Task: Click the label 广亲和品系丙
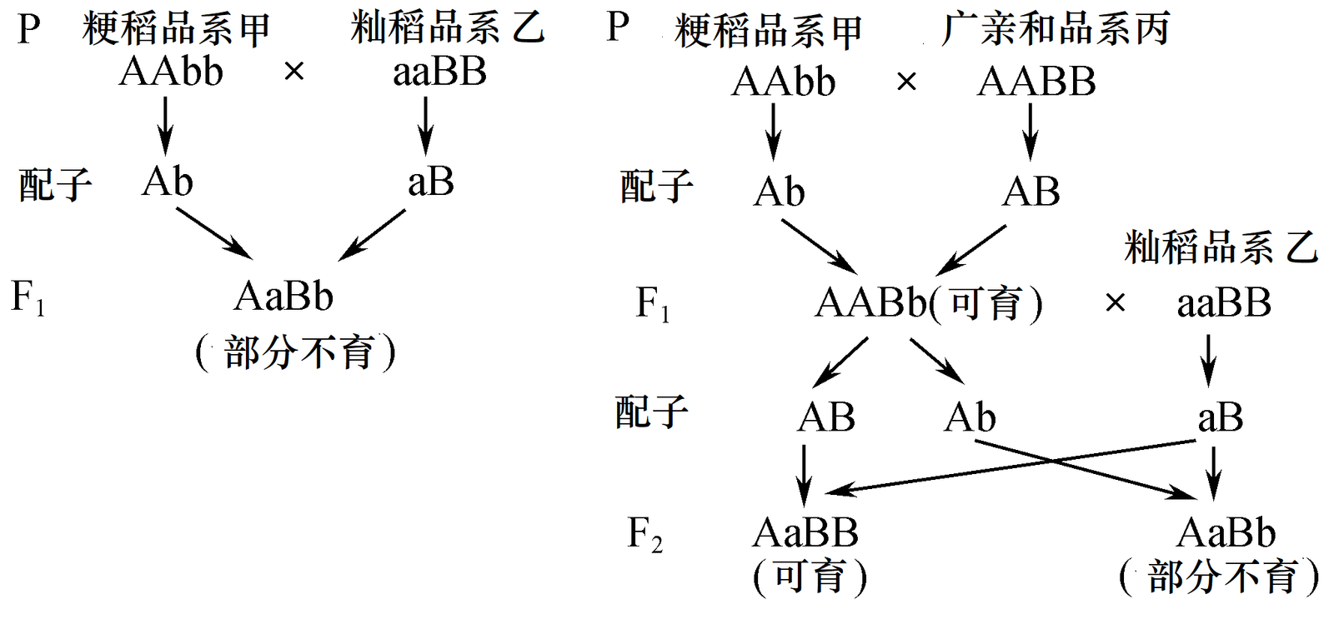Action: click(1055, 29)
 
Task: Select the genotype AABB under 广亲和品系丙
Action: click(1036, 82)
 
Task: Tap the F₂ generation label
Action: click(644, 534)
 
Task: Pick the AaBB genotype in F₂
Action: click(805, 533)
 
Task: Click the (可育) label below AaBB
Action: click(810, 577)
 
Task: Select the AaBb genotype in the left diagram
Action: click(283, 297)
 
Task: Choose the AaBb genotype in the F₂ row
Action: click(1226, 533)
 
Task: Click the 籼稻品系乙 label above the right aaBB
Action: click(1221, 247)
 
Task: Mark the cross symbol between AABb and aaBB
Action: click(1115, 303)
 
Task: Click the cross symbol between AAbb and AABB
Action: click(906, 82)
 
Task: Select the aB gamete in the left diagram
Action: click(430, 182)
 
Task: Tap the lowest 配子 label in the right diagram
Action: click(652, 412)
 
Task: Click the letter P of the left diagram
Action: click(28, 30)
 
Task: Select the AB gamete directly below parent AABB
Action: click(1031, 192)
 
